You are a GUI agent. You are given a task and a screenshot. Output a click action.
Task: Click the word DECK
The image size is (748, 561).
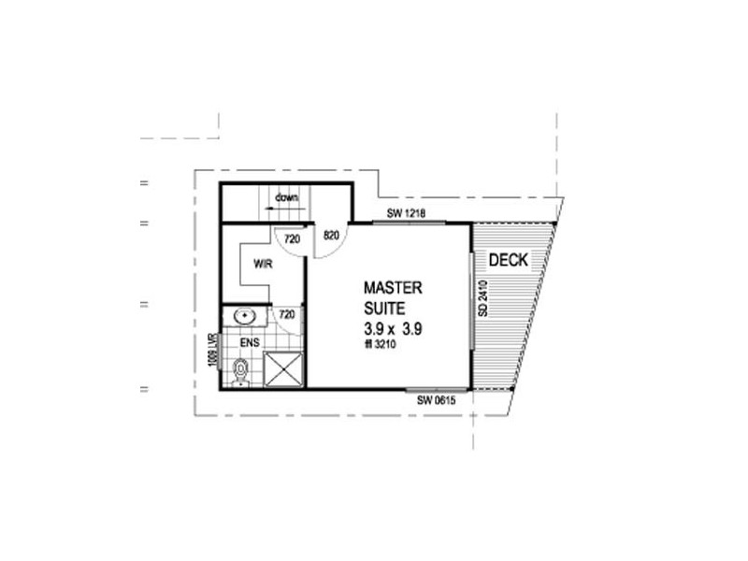tap(510, 260)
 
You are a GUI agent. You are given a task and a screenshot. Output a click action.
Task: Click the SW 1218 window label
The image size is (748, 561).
tap(406, 214)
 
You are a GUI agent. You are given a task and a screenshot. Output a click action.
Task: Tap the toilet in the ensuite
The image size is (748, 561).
tap(240, 371)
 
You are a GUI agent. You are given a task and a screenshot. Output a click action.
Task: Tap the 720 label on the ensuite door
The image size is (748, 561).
tap(288, 315)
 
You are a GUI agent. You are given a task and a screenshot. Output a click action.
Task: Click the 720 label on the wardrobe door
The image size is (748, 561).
tap(292, 239)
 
